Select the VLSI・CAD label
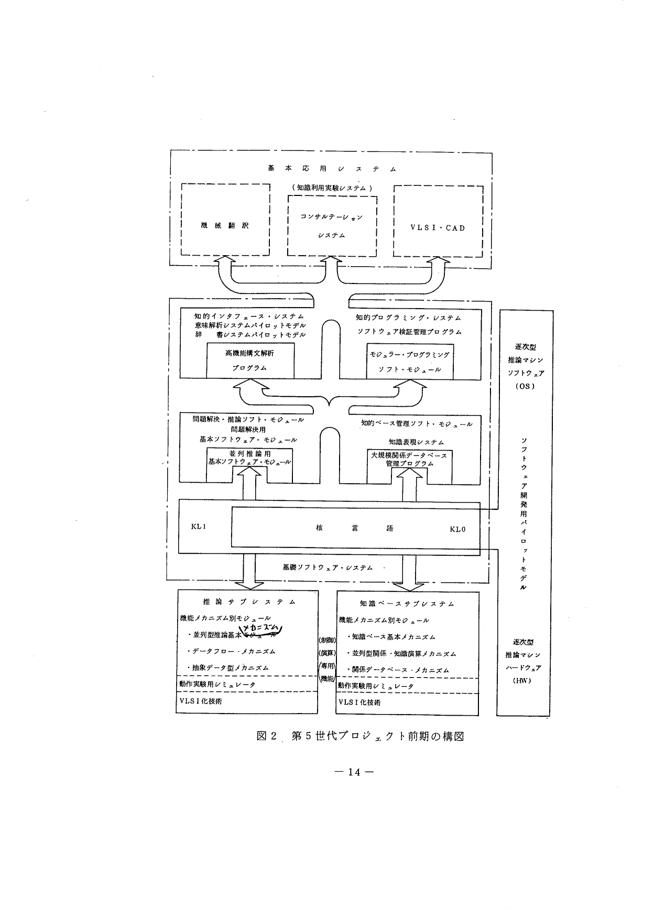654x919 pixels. tap(438, 228)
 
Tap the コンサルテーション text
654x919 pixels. tap(331, 216)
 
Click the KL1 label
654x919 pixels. tap(199, 527)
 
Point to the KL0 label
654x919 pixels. tap(457, 529)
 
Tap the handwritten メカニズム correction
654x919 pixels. tap(260, 629)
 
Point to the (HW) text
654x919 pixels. tap(523, 681)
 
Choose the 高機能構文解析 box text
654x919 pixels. tap(250, 354)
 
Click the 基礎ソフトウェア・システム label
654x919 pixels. tap(328, 567)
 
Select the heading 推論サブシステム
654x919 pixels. tap(249, 602)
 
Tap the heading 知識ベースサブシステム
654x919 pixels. tap(407, 604)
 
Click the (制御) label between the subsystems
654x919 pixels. tap(327, 640)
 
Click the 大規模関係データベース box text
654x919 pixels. tap(409, 455)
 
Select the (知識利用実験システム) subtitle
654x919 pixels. tap(332, 187)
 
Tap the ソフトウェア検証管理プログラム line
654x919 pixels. tap(409, 332)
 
